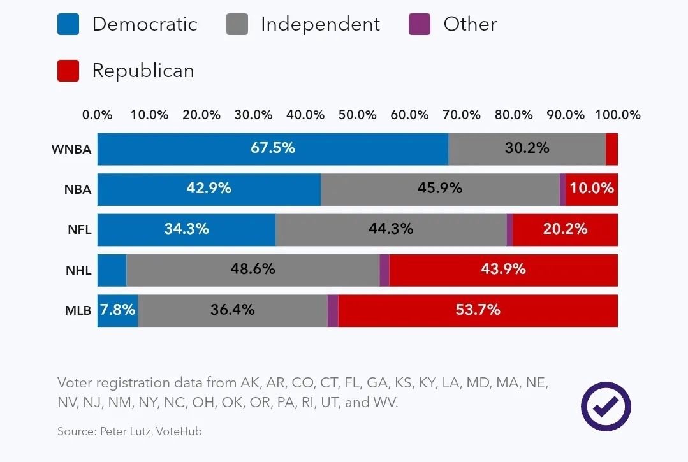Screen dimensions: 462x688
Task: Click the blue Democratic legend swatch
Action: click(68, 24)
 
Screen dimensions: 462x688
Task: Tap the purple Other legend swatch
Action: click(419, 24)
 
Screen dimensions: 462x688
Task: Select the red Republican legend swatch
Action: click(68, 70)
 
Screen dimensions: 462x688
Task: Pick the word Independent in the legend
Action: click(320, 24)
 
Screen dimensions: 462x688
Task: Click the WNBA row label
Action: click(71, 150)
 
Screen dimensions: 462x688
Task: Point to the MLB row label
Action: click(77, 311)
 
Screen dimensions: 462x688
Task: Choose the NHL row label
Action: click(78, 270)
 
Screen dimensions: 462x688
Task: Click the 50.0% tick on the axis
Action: click(358, 115)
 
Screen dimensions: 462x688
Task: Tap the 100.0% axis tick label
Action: click(618, 115)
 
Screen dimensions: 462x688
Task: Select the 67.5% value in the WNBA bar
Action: click(273, 148)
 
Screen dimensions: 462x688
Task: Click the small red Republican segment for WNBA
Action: click(612, 149)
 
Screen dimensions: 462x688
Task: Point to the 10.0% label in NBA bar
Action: click(592, 188)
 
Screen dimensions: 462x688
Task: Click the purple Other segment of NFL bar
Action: click(510, 230)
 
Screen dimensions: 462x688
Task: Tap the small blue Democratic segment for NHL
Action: click(112, 270)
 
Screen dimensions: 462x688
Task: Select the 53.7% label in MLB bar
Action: click(478, 310)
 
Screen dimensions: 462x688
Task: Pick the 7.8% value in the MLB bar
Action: click(118, 310)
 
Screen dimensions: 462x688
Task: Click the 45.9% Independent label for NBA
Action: click(440, 188)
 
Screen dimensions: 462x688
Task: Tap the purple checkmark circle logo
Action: click(606, 406)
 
